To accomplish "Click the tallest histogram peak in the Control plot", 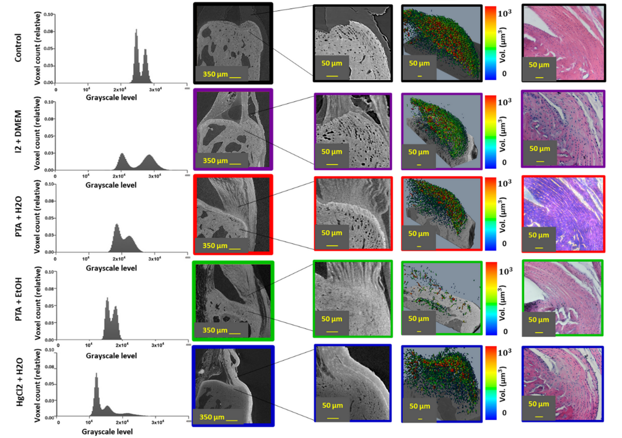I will point(136,31).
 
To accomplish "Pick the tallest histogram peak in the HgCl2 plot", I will point(96,374).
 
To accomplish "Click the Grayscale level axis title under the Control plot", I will point(111,97).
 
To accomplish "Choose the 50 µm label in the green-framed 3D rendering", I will point(419,318).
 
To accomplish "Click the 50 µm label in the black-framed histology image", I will point(539,65).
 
